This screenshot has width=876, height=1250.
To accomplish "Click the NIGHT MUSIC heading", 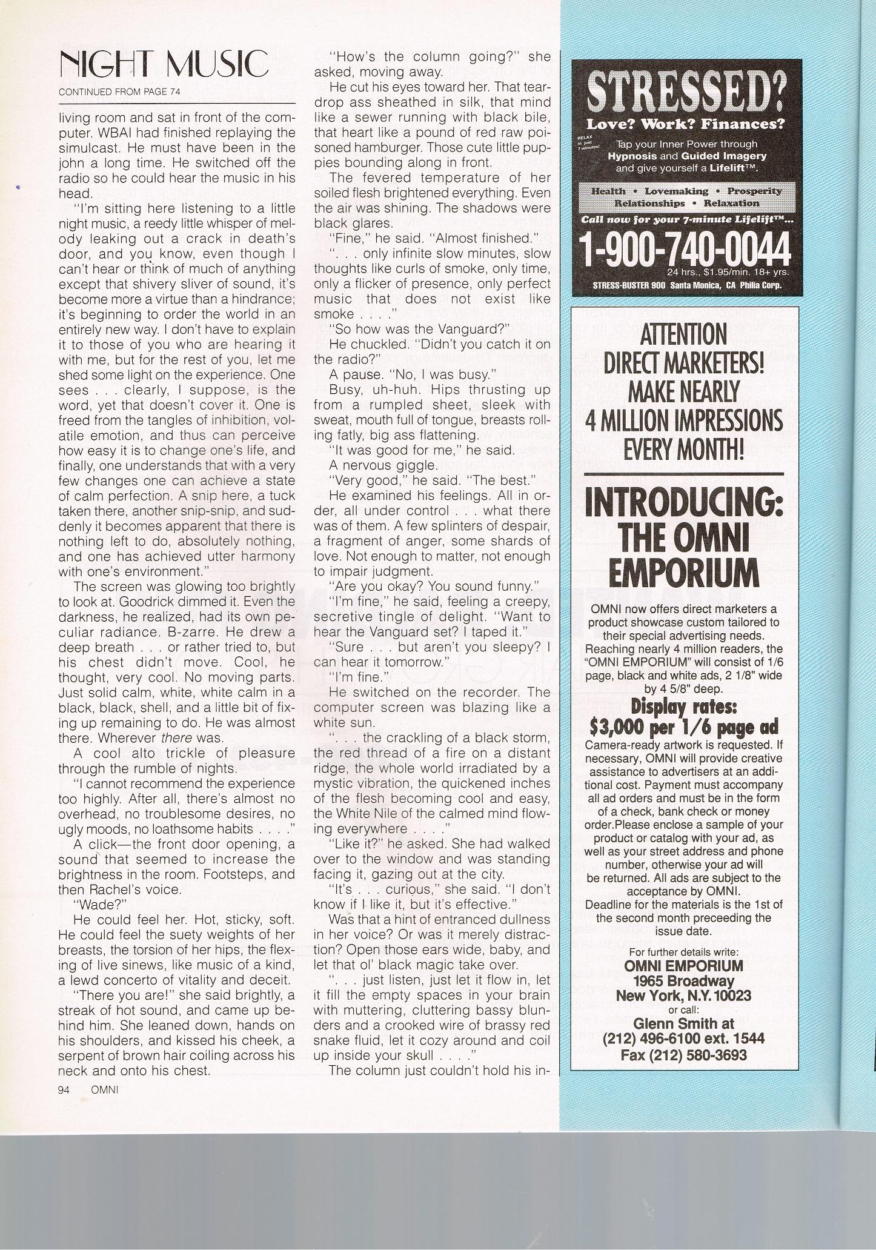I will point(164,65).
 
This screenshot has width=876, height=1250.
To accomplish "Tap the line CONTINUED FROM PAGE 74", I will point(119,92).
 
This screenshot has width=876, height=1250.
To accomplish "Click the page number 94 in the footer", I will point(64,1089).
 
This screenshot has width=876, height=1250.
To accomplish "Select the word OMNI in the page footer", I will point(104,1089).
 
